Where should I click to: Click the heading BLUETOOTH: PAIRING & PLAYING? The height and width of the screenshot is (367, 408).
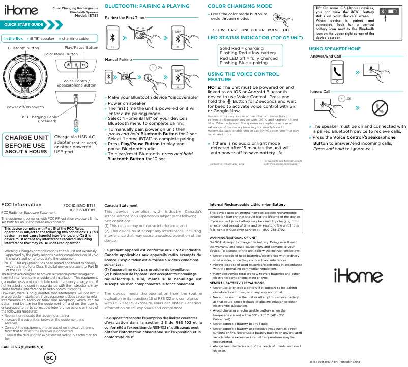click(x=147, y=6)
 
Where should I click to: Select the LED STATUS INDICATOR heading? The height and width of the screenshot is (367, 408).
click(x=255, y=38)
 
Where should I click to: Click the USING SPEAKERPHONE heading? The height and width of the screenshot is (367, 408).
click(x=335, y=49)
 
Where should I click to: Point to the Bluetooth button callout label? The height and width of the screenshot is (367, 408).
click(x=23, y=48)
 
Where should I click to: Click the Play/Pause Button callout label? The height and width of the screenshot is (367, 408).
click(x=81, y=47)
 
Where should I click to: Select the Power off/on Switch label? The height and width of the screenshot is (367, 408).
click(x=25, y=107)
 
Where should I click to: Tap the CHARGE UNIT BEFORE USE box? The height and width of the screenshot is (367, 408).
click(x=26, y=144)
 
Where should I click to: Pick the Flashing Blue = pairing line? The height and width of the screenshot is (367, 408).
click(x=243, y=63)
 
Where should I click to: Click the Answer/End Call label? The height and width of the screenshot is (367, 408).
click(x=326, y=56)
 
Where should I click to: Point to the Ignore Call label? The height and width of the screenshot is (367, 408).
click(x=320, y=91)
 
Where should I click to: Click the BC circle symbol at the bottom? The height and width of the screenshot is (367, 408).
click(x=49, y=358)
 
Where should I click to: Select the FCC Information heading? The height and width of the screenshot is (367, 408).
click(x=21, y=205)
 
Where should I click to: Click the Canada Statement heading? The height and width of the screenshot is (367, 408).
click(x=121, y=205)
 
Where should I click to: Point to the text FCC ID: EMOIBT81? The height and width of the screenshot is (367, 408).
click(x=79, y=205)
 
